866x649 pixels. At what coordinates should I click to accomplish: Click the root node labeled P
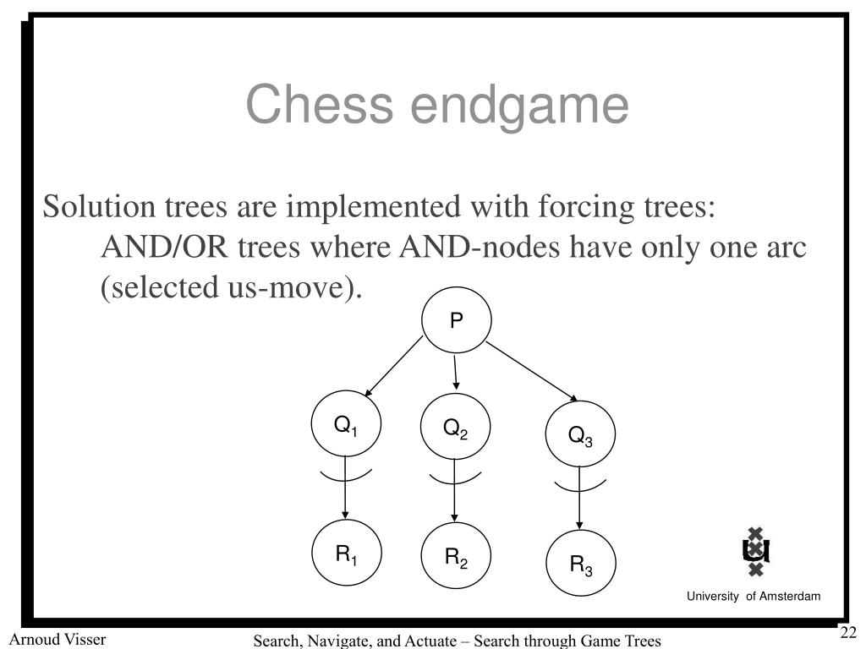[x=456, y=321]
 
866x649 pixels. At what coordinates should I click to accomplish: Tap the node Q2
[x=455, y=429]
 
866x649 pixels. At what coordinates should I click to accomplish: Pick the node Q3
[x=580, y=436]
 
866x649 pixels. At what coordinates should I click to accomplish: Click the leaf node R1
[x=347, y=555]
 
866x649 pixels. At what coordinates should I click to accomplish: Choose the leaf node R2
[x=456, y=558]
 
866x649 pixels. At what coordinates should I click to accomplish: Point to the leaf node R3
[x=580, y=564]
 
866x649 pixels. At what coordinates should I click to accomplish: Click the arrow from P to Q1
[x=393, y=367]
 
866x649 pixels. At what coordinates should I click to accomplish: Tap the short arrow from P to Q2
[x=456, y=373]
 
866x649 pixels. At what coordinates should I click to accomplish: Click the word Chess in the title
[x=320, y=106]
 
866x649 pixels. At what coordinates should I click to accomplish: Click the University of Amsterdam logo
[x=755, y=552]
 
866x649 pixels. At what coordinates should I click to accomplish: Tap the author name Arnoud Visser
[x=58, y=639]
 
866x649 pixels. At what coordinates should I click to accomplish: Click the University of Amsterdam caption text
[x=753, y=597]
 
